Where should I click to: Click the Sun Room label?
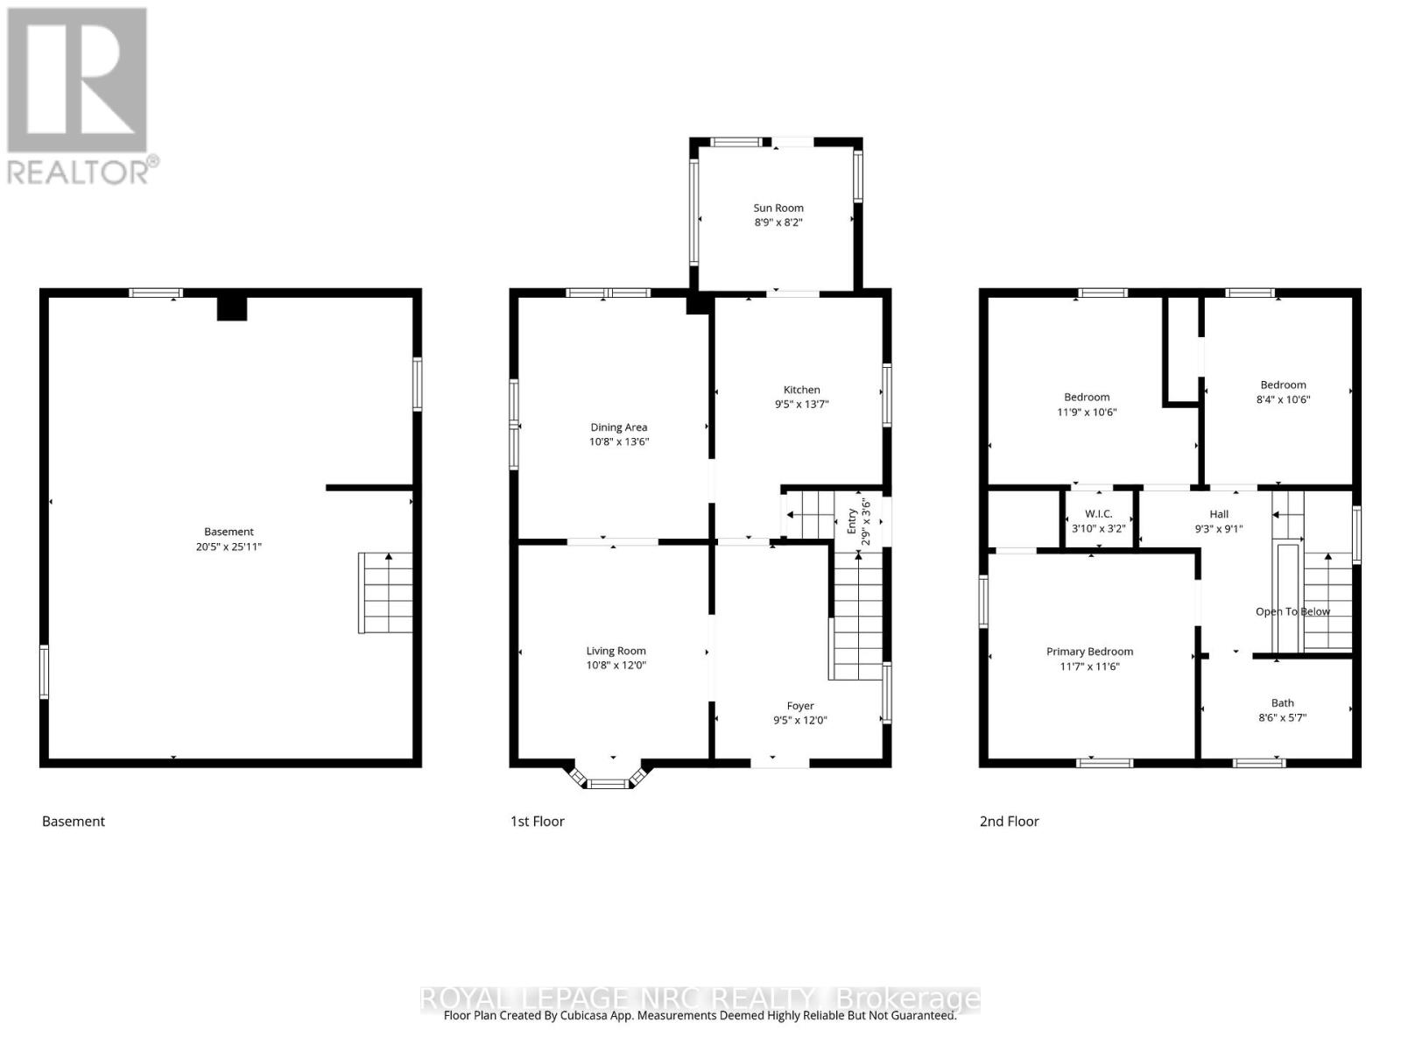click(778, 208)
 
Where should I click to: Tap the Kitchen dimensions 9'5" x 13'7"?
click(801, 405)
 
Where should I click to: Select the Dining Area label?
click(618, 427)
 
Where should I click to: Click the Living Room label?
click(616, 651)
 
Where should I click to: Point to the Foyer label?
click(800, 705)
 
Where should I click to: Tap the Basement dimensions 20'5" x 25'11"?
click(229, 547)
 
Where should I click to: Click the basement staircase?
click(386, 593)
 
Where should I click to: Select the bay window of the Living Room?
click(610, 779)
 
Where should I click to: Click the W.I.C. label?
click(1098, 514)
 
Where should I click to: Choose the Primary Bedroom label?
click(1089, 652)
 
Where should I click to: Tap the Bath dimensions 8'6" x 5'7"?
click(1282, 717)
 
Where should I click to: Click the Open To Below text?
click(1292, 611)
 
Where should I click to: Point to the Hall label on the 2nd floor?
click(1219, 514)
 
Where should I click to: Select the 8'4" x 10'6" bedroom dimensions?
click(1283, 399)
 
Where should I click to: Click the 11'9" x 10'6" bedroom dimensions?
click(1087, 412)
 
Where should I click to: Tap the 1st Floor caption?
click(537, 821)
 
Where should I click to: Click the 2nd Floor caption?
click(1009, 821)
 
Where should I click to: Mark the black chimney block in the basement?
click(232, 308)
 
